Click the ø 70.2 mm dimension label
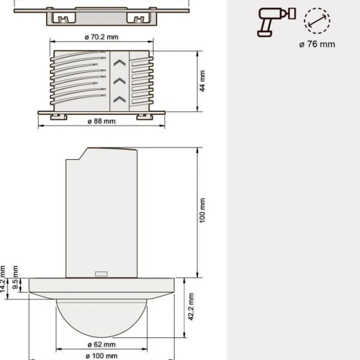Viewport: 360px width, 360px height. click(102, 37)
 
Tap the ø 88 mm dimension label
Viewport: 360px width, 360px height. click(102, 121)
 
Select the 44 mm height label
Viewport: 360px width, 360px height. click(202, 81)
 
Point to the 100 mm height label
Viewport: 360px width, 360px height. click(202, 210)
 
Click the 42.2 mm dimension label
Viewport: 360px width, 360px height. click(191, 307)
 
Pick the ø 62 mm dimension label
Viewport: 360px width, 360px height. click(102, 344)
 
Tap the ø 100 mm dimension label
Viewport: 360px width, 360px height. click(102, 356)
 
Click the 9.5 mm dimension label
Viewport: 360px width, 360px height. click(15, 277)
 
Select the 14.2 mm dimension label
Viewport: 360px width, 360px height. click(3, 279)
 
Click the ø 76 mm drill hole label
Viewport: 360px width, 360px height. click(317, 44)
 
